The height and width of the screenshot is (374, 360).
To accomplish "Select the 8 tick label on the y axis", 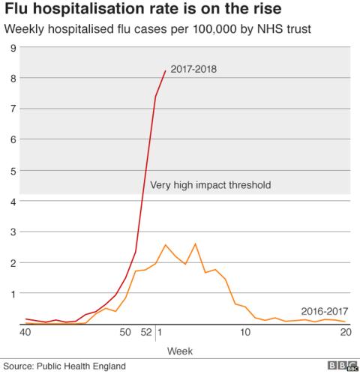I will tap(13, 78).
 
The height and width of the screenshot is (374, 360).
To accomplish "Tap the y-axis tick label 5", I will tap(13, 170).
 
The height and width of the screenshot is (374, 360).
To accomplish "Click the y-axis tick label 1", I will tap(13, 293).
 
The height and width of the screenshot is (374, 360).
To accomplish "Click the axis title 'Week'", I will tap(180, 350).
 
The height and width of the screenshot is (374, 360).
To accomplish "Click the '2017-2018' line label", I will tap(193, 70).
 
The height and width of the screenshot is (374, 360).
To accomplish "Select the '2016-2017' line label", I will tap(324, 311).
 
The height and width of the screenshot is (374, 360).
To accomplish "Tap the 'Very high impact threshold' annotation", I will tap(210, 185).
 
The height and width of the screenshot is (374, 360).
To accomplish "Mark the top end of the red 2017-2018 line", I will tap(165, 70).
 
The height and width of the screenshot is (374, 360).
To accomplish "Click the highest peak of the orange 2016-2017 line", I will tap(195, 244).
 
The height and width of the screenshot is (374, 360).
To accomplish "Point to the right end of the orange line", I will tap(344, 322).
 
